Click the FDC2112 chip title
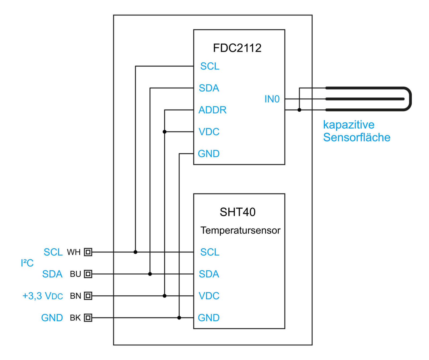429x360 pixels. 237,48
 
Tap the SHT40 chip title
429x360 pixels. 238,212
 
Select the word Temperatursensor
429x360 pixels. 240,230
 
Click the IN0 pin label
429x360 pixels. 272,99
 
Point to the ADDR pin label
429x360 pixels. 212,110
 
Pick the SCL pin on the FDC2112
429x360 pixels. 210,66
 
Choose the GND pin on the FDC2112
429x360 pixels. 209,154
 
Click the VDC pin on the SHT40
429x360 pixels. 209,296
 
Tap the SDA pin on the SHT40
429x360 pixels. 209,274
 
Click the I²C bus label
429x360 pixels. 27,263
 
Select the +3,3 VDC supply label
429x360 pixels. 43,296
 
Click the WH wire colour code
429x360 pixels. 74,252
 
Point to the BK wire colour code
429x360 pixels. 75,318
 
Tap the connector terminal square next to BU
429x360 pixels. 88,274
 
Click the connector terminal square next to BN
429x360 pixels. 88,296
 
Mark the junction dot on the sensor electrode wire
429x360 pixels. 299,110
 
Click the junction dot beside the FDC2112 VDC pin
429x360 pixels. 165,132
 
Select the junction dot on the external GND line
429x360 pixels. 179,318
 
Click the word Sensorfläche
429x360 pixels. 357,137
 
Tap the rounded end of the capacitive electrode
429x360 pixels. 409,99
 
